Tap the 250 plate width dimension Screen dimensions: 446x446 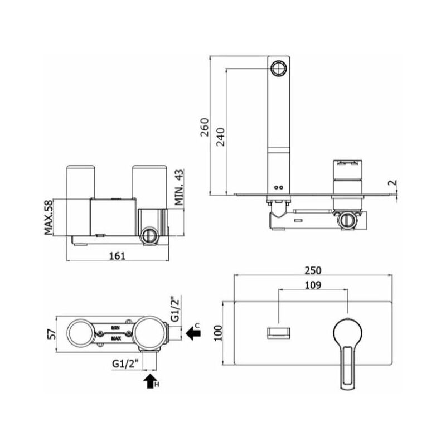click(x=313, y=270)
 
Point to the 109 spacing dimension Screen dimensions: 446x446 click(x=313, y=285)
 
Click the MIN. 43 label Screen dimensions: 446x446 click(x=179, y=188)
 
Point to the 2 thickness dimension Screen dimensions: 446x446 click(x=394, y=183)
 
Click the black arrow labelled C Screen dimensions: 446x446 click(x=194, y=333)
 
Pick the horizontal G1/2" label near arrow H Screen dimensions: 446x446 click(x=125, y=363)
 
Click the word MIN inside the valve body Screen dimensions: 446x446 click(x=116, y=327)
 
